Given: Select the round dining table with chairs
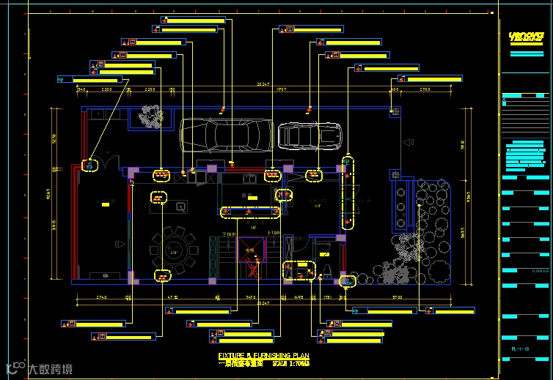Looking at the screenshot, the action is coord(175,250).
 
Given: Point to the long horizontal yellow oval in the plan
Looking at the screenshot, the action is coord(250,212).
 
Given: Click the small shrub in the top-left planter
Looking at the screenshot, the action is coord(152,116).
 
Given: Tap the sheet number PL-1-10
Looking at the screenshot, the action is coord(521,359).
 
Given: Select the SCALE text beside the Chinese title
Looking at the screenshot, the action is coord(290,363).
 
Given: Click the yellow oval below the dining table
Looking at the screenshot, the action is coord(161,276).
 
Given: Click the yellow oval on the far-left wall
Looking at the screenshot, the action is coord(89,165).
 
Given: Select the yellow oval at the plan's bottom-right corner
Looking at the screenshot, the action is coord(347,280).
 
